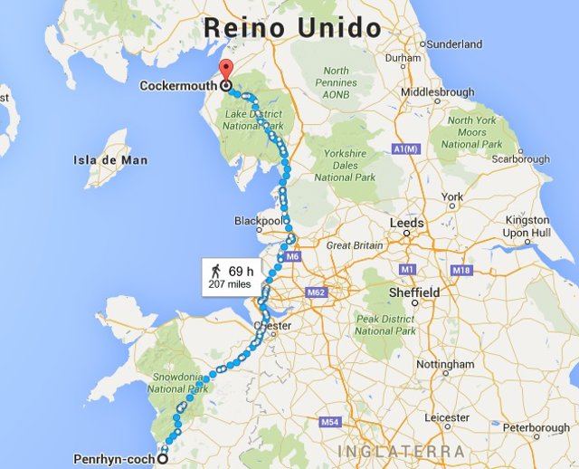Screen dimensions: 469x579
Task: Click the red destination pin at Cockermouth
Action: (x=225, y=72)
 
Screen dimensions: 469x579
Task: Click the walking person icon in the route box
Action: (x=215, y=271)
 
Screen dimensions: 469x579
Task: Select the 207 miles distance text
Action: (x=229, y=284)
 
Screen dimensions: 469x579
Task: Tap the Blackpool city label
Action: (x=259, y=220)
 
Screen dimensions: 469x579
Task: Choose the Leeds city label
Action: (x=406, y=223)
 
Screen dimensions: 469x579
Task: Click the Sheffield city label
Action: (x=414, y=292)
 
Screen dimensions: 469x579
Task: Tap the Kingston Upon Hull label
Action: (x=527, y=226)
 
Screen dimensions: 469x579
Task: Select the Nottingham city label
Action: (x=445, y=364)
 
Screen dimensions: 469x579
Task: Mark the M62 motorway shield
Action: (x=316, y=293)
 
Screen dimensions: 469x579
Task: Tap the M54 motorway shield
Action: (x=329, y=423)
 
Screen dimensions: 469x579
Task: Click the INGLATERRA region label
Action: (x=402, y=451)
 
